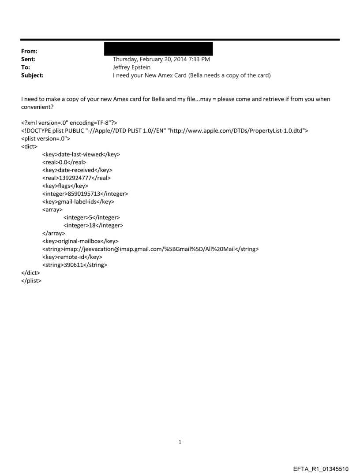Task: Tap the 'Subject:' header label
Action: (x=32, y=75)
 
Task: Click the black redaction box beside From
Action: (x=158, y=49)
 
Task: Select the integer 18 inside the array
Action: (x=93, y=225)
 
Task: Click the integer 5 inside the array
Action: (x=91, y=217)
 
